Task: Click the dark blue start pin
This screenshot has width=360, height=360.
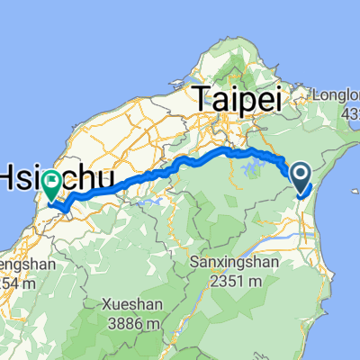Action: pos(301,174)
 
